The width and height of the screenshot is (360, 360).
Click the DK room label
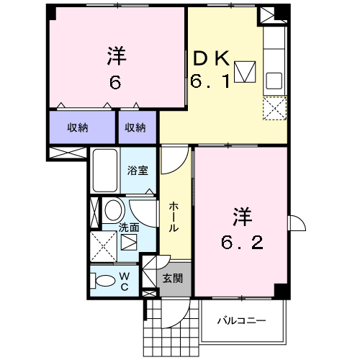point(212,58)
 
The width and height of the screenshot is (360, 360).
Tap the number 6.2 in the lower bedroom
point(242,242)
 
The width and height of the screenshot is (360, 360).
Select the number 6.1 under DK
point(210,81)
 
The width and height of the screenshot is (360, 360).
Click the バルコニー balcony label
point(242,320)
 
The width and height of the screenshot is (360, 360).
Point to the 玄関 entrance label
point(173,279)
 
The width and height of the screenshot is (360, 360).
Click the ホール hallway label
point(174,217)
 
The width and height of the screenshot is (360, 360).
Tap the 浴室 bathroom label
point(138,170)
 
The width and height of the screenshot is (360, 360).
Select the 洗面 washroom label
point(129,228)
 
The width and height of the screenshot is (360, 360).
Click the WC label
point(125,282)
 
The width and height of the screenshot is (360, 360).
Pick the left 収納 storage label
point(78,127)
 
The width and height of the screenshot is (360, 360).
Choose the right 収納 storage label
point(135,127)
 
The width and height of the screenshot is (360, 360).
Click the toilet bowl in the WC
point(103,281)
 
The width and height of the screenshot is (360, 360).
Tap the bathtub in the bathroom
point(105,171)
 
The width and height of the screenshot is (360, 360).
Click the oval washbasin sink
point(113,210)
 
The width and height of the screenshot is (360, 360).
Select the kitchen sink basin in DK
point(274,81)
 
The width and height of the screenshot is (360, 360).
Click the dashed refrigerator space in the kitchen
point(275,108)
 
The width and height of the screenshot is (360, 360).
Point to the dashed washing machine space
point(104,246)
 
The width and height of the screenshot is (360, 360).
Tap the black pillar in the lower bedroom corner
point(282,291)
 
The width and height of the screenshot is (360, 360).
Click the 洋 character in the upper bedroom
point(117,56)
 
